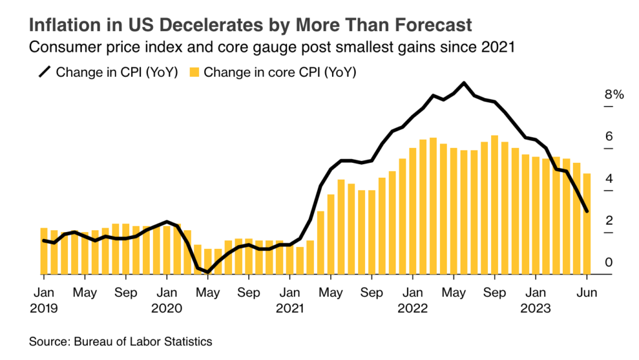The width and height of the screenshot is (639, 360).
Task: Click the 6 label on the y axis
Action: tap(609, 137)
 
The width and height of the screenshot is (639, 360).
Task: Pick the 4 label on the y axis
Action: tap(609, 178)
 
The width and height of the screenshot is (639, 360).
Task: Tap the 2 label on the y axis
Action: tap(609, 220)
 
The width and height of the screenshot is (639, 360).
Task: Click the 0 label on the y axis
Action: tap(609, 262)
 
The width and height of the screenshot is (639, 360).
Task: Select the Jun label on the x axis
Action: tap(587, 293)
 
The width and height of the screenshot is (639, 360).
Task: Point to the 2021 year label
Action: tap(289, 308)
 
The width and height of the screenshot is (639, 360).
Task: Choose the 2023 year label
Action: tap(536, 308)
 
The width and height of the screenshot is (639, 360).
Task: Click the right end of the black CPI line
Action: tap(587, 212)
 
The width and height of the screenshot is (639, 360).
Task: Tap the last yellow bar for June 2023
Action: tap(587, 224)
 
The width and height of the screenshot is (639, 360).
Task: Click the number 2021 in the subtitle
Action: tap(499, 47)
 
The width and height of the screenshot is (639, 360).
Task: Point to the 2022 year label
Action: tap(412, 308)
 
